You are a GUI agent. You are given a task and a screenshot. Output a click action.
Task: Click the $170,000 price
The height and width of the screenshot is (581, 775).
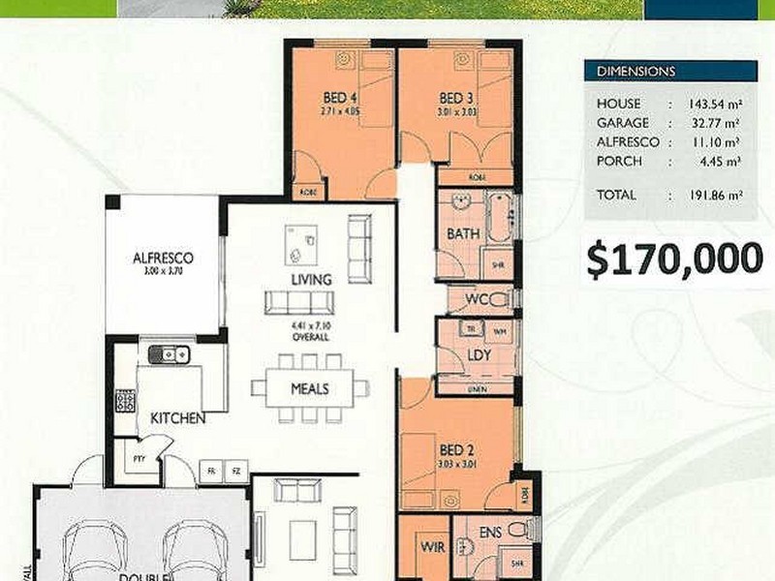tap(675, 258)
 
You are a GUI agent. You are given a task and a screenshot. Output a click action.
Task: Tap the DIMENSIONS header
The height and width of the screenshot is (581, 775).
tap(636, 72)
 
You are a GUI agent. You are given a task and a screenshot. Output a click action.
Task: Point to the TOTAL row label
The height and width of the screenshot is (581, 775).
tap(616, 195)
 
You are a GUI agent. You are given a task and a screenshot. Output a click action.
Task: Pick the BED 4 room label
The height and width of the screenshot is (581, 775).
tap(340, 98)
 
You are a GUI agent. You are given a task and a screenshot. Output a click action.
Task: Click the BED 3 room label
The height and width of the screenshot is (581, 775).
tap(455, 98)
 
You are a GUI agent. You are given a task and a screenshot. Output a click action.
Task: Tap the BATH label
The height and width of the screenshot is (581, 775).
tap(462, 234)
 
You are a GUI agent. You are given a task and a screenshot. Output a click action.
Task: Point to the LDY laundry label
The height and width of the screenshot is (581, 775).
tap(478, 355)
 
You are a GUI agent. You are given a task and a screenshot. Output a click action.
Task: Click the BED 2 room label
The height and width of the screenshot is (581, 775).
tap(455, 449)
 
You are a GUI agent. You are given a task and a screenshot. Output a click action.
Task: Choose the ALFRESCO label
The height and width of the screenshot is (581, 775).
tap(163, 259)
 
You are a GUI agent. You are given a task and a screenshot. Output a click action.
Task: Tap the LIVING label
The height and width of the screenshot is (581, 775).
tap(312, 280)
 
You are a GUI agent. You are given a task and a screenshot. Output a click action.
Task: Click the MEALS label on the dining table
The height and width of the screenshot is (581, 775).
tap(310, 389)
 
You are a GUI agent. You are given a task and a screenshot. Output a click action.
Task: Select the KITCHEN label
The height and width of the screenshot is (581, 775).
tap(177, 419)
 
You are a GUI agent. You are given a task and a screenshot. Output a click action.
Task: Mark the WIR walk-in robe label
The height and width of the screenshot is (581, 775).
tap(432, 547)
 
